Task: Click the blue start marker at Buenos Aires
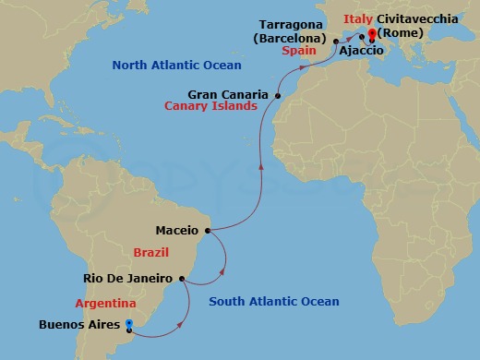click(x=129, y=324)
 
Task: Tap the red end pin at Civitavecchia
click(x=371, y=35)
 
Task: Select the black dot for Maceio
click(x=209, y=230)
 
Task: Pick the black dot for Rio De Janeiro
click(x=183, y=277)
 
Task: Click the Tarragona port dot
click(x=336, y=42)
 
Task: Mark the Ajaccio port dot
click(x=362, y=39)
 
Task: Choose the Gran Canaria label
click(x=229, y=94)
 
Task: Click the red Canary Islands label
click(x=210, y=106)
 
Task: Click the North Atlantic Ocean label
click(x=176, y=66)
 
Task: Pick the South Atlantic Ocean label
click(x=273, y=302)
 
